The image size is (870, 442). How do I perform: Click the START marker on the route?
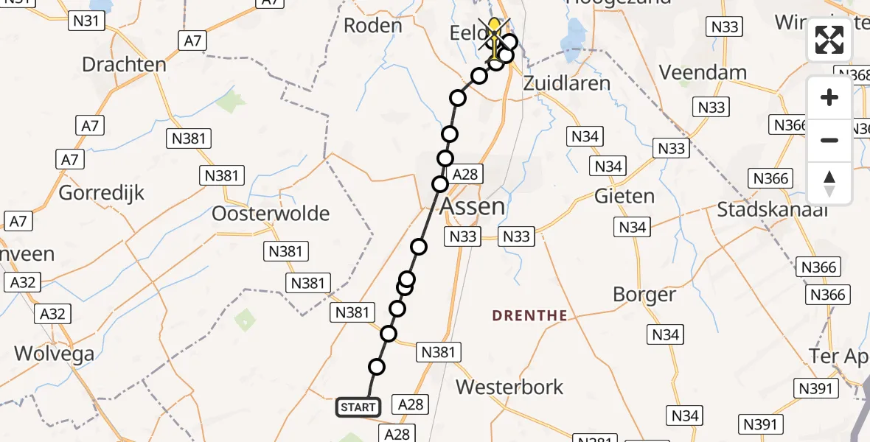(359, 407)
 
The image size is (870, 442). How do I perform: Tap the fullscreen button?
(829, 40)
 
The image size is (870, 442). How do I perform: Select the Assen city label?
(473, 206)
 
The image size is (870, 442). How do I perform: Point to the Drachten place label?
(124, 64)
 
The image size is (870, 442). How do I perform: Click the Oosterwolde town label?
(271, 214)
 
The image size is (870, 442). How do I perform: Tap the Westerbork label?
(509, 387)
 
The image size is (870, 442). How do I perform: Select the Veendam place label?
(703, 72)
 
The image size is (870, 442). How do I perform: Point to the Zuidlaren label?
(567, 83)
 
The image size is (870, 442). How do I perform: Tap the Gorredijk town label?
(102, 193)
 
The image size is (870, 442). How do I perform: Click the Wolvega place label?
(55, 354)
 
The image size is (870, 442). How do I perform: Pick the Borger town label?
(644, 295)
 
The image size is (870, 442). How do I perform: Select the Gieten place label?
(624, 196)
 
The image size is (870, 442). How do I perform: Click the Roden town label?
(373, 26)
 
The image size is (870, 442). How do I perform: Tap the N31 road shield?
(86, 21)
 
